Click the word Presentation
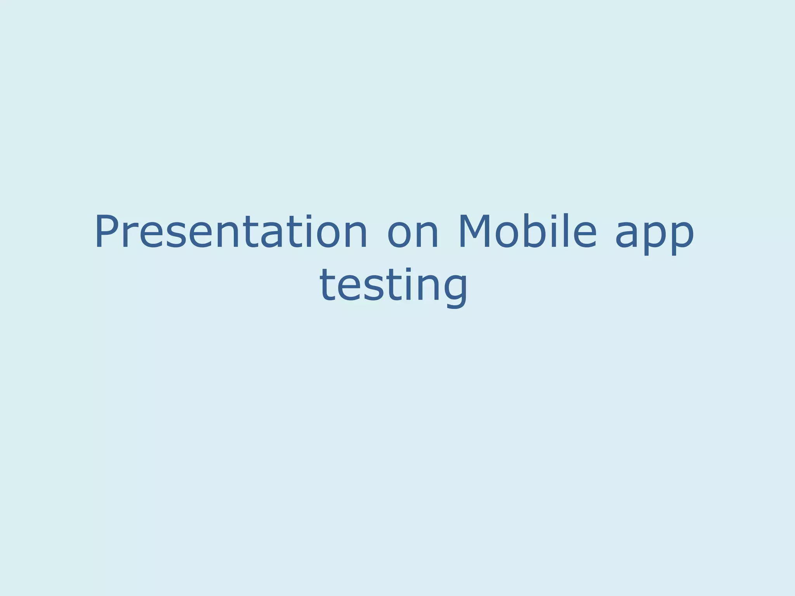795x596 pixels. (231, 232)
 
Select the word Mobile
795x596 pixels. (527, 232)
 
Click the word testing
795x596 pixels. (394, 286)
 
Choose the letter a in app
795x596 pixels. (628, 237)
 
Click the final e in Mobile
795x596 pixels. (584, 237)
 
